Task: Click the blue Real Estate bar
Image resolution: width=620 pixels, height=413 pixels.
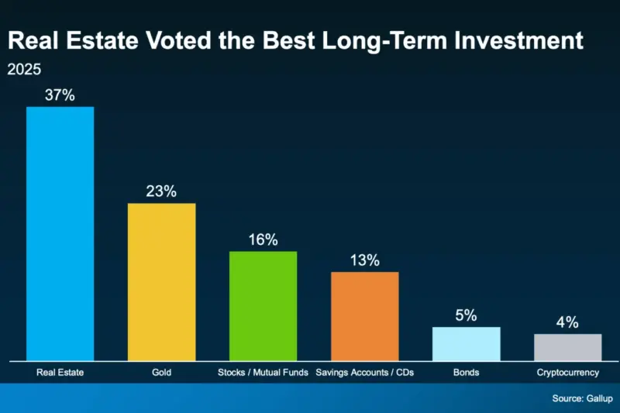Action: [60, 232]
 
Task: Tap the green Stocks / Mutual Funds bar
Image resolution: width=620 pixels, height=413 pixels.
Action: [263, 305]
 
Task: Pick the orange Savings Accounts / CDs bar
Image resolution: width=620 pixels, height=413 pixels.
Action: [364, 315]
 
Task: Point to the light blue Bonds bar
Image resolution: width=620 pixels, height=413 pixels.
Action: [466, 343]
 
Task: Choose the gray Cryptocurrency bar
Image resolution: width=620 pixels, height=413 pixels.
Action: [567, 346]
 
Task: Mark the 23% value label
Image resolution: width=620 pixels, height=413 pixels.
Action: [161, 191]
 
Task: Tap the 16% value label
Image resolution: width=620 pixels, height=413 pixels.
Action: [263, 239]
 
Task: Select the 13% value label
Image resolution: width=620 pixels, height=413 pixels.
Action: [364, 260]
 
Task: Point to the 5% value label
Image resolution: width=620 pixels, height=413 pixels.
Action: [466, 315]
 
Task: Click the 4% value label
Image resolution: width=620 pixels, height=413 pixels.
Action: [567, 322]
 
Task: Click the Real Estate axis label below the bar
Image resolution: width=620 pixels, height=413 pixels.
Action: [60, 373]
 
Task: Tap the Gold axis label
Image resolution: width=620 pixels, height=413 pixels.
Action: [161, 373]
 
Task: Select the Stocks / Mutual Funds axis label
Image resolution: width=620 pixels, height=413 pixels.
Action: [263, 373]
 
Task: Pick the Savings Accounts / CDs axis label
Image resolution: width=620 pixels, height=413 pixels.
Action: [364, 373]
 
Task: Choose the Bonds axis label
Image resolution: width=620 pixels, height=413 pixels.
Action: [466, 373]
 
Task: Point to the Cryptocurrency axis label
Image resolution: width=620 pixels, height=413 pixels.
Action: [567, 373]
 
